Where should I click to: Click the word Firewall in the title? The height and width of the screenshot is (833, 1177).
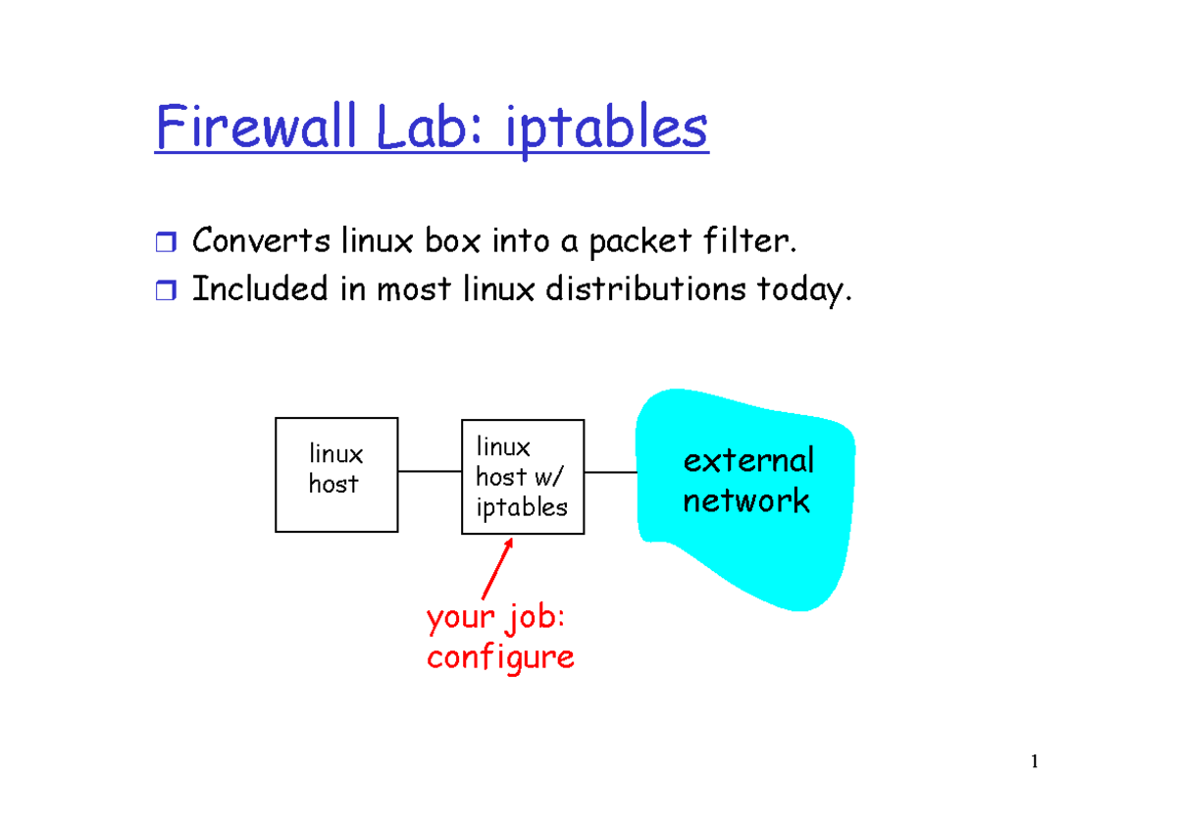pyautogui.click(x=249, y=129)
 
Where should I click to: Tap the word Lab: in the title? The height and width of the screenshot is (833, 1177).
pyautogui.click(x=423, y=129)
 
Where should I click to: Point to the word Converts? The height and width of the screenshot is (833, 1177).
pyautogui.click(x=260, y=240)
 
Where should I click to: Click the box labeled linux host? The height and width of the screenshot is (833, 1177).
pyautogui.click(x=336, y=475)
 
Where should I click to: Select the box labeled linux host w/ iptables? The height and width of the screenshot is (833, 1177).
pyautogui.click(x=523, y=477)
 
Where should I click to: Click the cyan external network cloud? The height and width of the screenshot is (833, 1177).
pyautogui.click(x=745, y=549)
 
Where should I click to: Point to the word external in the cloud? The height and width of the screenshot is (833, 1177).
pyautogui.click(x=748, y=460)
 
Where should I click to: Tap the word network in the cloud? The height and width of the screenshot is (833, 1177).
pyautogui.click(x=746, y=501)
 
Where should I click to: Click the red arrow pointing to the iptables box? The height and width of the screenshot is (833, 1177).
pyautogui.click(x=497, y=569)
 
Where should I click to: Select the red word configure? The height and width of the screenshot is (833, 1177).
pyautogui.click(x=500, y=656)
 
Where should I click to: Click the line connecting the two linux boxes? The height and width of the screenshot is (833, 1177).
pyautogui.click(x=430, y=472)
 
